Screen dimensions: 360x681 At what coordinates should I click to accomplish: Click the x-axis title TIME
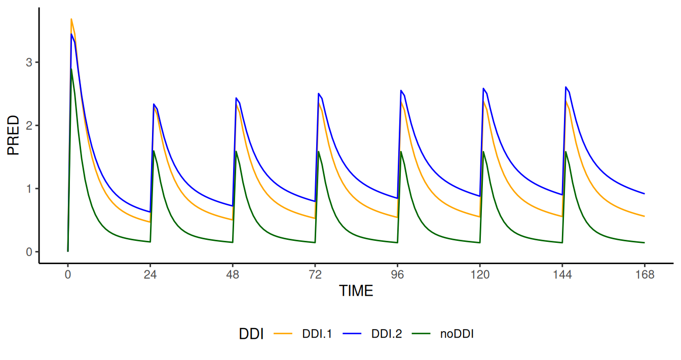[356, 291]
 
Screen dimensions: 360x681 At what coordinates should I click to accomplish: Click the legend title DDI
[251, 334]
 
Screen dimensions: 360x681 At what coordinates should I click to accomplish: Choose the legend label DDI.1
[317, 334]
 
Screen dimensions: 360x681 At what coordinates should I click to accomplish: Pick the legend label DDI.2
[386, 334]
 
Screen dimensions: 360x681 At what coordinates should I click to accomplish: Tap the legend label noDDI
[457, 334]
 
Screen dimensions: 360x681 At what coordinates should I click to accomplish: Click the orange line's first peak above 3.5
[71, 19]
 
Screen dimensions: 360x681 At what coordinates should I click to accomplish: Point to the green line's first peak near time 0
[71, 68]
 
